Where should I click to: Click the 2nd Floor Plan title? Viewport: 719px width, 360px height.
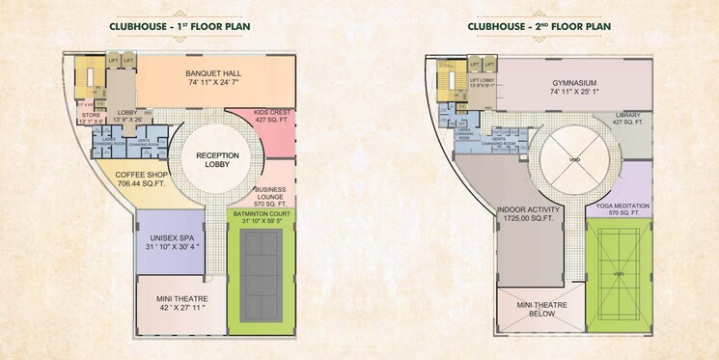[542, 29]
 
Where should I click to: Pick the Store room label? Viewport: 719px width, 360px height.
[93, 116]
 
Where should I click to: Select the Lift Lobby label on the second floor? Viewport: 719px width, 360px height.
[482, 82]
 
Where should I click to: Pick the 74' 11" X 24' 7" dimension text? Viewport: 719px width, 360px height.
[213, 86]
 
